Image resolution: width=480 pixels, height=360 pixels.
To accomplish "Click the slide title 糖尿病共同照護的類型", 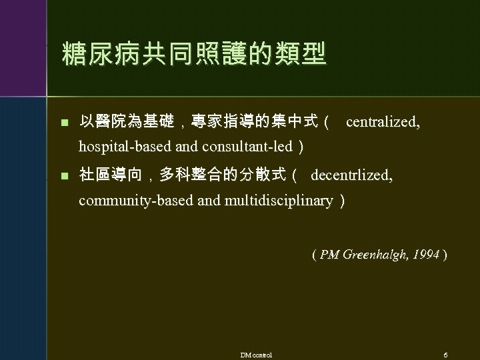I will pyautogui.click(x=193, y=54).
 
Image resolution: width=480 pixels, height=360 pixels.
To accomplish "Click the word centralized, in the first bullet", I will pyautogui.click(x=383, y=123).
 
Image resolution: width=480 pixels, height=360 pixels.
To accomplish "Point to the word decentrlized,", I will pyautogui.click(x=352, y=176).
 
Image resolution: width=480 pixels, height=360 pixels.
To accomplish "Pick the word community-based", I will pyautogui.click(x=137, y=200).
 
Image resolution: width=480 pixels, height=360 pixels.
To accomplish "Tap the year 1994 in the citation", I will pyautogui.click(x=426, y=255).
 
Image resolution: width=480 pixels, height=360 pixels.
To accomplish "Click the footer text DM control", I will pyautogui.click(x=256, y=354).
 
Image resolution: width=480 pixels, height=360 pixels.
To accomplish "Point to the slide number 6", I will pyautogui.click(x=445, y=354).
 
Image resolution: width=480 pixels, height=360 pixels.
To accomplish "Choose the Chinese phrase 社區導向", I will pyautogui.click(x=111, y=176).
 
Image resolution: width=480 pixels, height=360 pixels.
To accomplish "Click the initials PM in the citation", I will pyautogui.click(x=329, y=255).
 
